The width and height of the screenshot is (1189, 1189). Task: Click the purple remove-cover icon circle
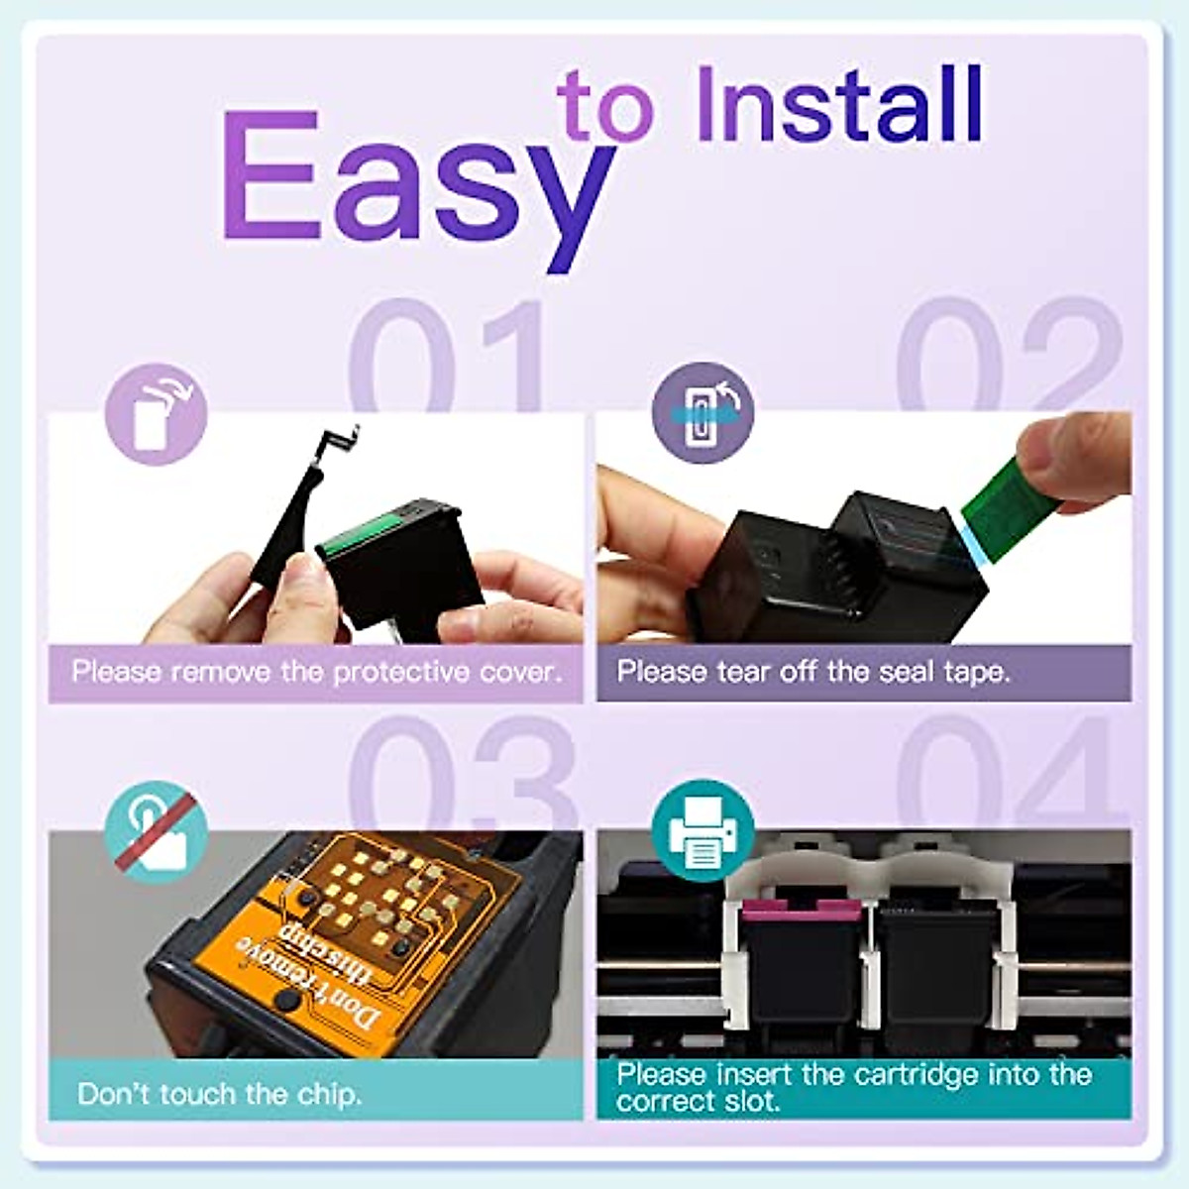pyautogui.click(x=156, y=414)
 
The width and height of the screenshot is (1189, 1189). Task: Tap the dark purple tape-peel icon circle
pyautogui.click(x=703, y=412)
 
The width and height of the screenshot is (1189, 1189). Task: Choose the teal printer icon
pyautogui.click(x=703, y=830)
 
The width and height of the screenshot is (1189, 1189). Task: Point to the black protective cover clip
pyautogui.click(x=297, y=515)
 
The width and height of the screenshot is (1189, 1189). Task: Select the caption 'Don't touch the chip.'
pyautogui.click(x=220, y=1094)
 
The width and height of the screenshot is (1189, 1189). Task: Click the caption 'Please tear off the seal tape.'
pyautogui.click(x=813, y=672)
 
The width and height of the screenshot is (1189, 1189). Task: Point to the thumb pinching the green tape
pyautogui.click(x=1075, y=456)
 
